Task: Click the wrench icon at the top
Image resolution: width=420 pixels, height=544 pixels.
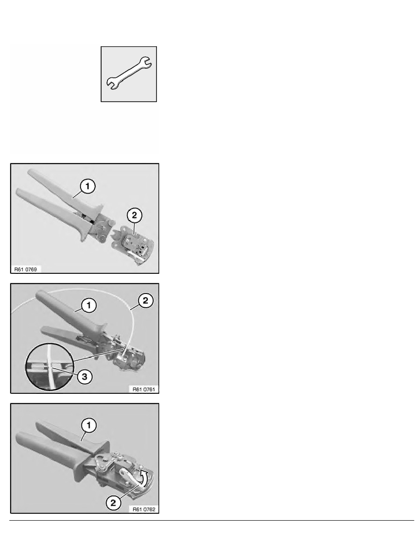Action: click(x=129, y=74)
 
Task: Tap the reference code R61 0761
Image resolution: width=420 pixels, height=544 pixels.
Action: click(x=142, y=389)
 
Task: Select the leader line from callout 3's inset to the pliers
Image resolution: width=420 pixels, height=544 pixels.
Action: click(x=94, y=358)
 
